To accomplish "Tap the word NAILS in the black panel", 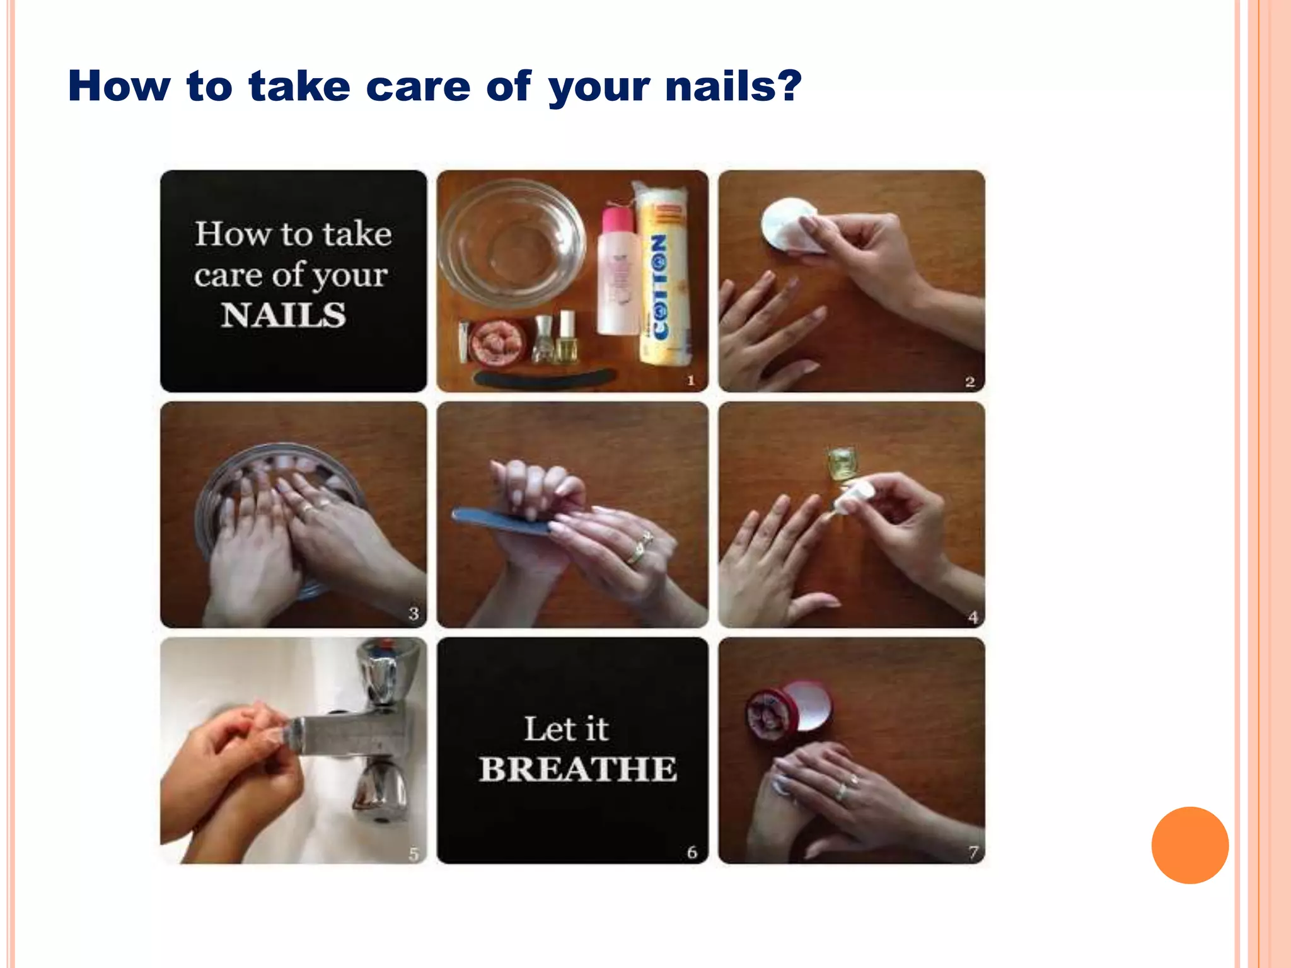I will pos(283,314).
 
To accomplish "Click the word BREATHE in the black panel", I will pos(577,769).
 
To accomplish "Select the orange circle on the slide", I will pos(1190,845).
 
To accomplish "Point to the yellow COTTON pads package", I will pos(664,277).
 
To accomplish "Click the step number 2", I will pos(970,381).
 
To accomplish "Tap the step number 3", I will pos(414,613).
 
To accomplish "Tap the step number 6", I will pos(692,852).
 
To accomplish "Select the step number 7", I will pos(973,852).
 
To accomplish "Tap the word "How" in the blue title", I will pos(119,86).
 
